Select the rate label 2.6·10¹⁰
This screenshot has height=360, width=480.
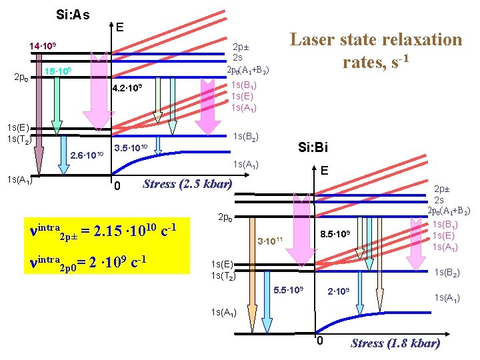click(87, 156)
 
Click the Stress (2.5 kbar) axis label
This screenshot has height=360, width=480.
click(187, 184)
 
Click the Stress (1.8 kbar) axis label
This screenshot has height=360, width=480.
click(395, 343)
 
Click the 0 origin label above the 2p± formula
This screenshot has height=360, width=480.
click(116, 185)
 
